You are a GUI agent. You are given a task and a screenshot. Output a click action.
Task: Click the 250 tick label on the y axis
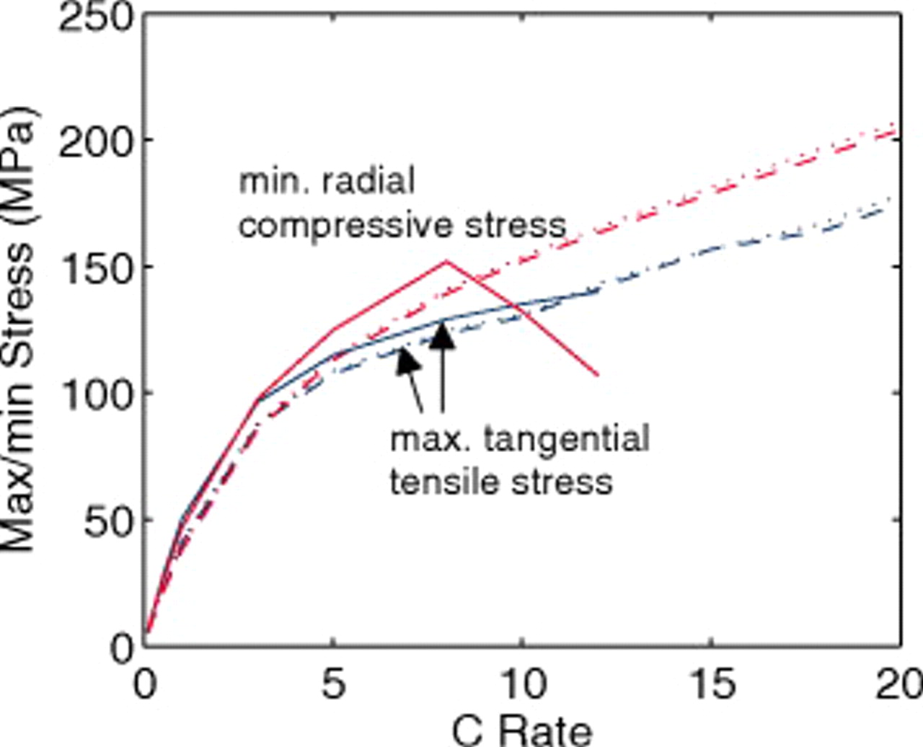(97, 16)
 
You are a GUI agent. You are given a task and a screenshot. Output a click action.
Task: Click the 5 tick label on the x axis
(332, 685)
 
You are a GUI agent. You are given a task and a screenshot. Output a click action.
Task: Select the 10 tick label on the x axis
(522, 685)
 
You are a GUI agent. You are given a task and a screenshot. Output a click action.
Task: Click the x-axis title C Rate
(522, 730)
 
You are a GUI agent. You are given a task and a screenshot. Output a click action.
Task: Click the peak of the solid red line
(446, 261)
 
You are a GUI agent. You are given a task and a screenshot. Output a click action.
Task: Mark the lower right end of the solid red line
(598, 375)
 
